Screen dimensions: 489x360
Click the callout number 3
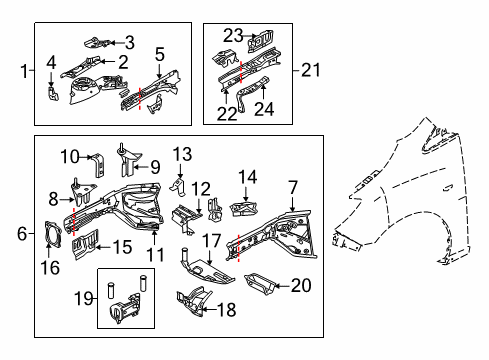pyautogui.click(x=130, y=43)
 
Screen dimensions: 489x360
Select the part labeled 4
pyautogui.click(x=52, y=93)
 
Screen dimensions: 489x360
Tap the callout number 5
pyautogui.click(x=160, y=54)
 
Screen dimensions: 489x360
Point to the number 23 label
pyautogui.click(x=233, y=36)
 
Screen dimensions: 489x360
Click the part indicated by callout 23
pyautogui.click(x=261, y=41)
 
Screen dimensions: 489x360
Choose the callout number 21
pyautogui.click(x=311, y=70)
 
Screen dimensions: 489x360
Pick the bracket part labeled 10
pyautogui.click(x=99, y=165)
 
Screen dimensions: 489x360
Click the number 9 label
pyautogui.click(x=155, y=167)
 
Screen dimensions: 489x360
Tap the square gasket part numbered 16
pyautogui.click(x=53, y=235)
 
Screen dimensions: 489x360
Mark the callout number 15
pyautogui.click(x=123, y=247)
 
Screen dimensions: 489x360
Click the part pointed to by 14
pyautogui.click(x=245, y=208)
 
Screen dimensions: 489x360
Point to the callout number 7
pyautogui.click(x=293, y=188)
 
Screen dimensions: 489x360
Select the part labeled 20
pyautogui.click(x=260, y=284)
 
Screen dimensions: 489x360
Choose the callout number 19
pyautogui.click(x=83, y=298)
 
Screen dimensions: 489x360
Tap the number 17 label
pyautogui.click(x=212, y=241)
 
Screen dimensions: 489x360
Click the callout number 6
pyautogui.click(x=22, y=233)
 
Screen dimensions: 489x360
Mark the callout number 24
pyautogui.click(x=264, y=109)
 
